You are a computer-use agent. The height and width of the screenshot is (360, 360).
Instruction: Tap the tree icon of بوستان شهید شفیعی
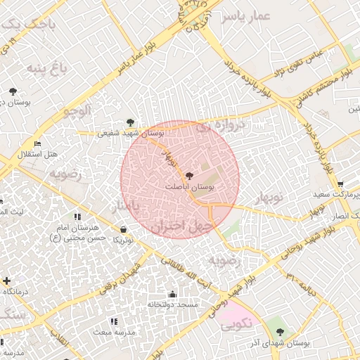[129, 122]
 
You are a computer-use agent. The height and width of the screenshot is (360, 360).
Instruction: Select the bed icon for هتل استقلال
[37, 143]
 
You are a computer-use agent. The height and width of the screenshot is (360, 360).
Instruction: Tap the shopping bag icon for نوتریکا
[124, 229]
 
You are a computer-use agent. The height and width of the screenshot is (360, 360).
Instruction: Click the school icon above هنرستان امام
[77, 217]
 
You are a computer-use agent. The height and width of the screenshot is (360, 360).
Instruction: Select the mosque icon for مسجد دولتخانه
[173, 294]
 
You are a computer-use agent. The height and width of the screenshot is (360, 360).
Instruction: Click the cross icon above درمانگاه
[6, 281]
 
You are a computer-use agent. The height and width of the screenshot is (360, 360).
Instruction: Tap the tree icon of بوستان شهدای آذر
[281, 332]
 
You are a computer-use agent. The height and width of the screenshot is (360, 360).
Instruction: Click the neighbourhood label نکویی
[235, 326]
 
